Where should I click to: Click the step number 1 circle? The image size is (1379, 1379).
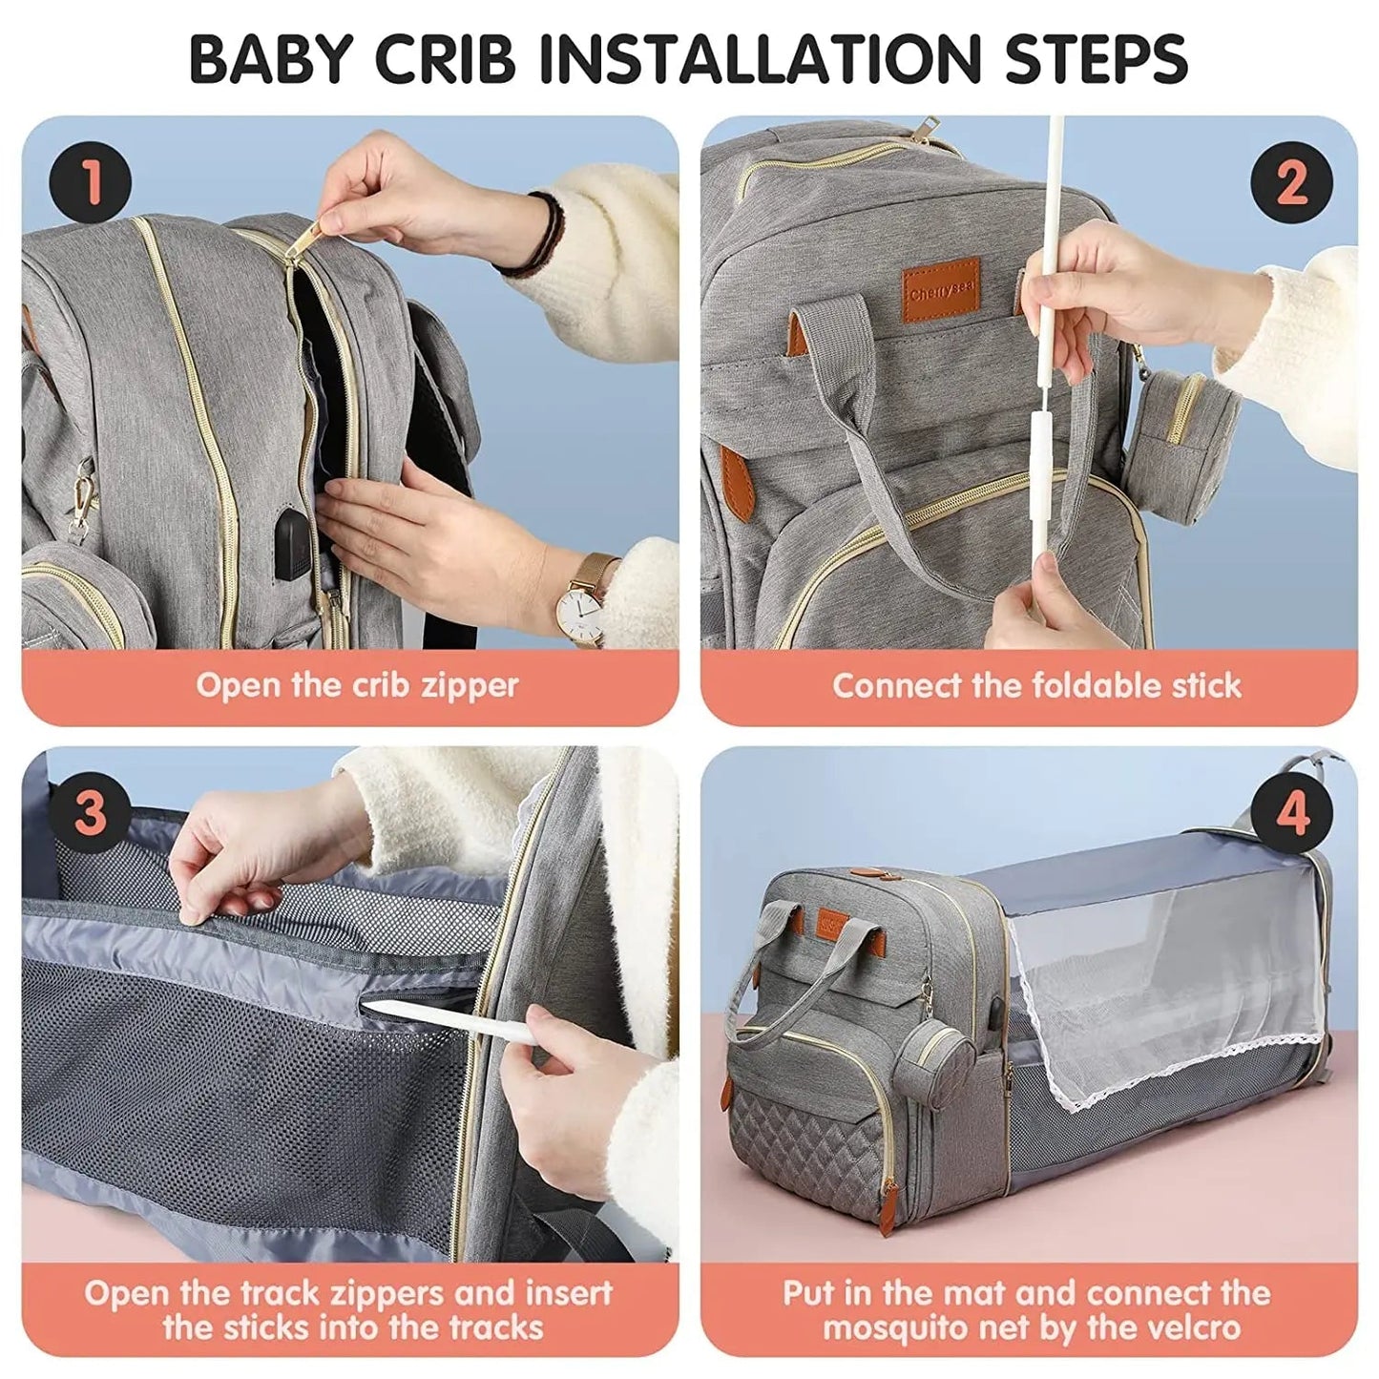(91, 181)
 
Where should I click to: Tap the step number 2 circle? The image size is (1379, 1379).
(1291, 181)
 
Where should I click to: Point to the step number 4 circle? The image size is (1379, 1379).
(1291, 814)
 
